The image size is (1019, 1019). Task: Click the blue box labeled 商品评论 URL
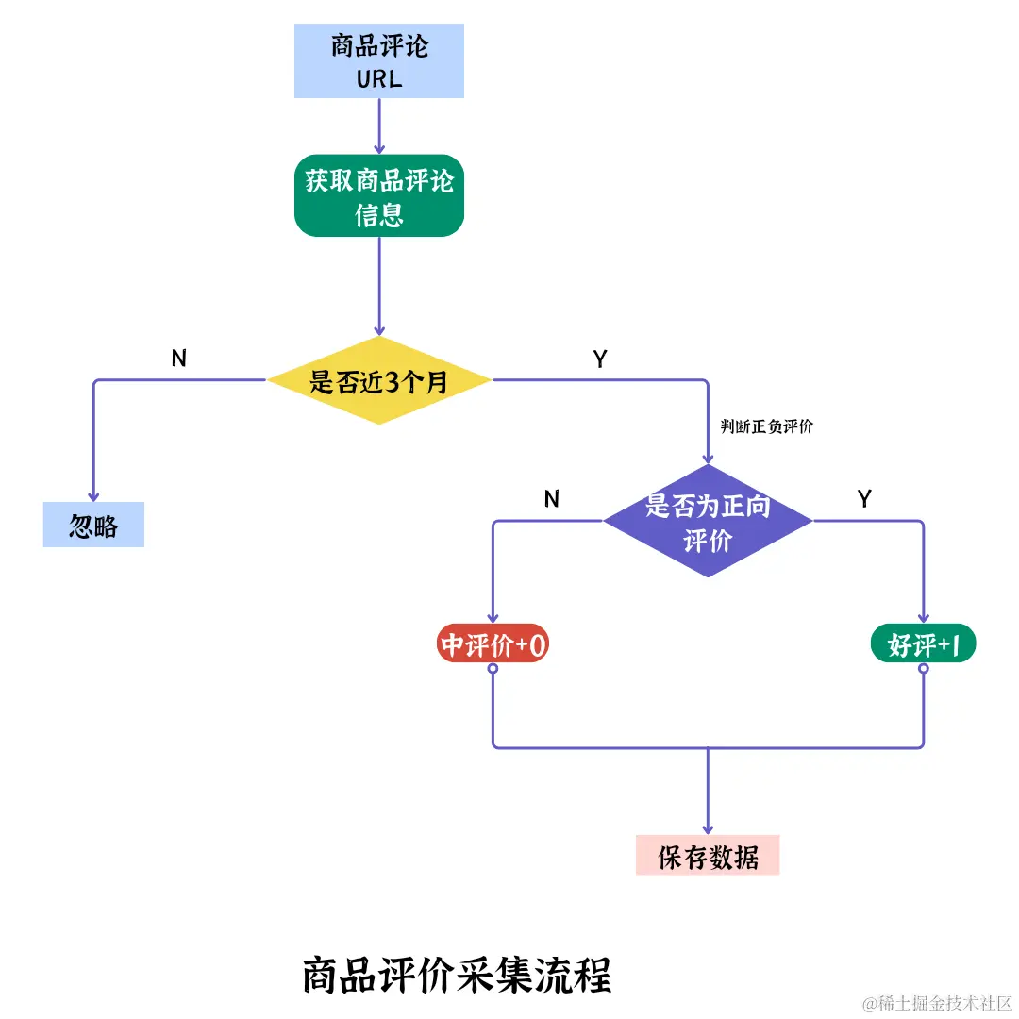pos(379,61)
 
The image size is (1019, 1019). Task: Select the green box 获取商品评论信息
pos(379,195)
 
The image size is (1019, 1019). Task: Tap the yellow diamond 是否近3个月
pos(379,381)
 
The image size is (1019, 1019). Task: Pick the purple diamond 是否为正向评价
pos(708,521)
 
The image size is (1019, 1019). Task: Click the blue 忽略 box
pos(93,525)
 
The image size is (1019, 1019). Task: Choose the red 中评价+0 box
pos(493,644)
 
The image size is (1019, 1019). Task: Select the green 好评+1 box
pos(923,644)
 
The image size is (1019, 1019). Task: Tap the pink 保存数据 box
pos(708,856)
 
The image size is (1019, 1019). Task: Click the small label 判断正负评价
pos(766,426)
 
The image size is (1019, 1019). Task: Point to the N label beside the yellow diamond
pos(179,358)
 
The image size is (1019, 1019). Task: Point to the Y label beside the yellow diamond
pos(600,359)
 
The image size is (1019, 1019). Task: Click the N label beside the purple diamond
pos(552,499)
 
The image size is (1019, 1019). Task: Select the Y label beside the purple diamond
pos(864,499)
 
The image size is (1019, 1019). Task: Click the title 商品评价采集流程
pos(457,975)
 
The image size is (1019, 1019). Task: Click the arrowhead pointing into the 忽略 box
pos(93,495)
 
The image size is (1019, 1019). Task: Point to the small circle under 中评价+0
pos(493,668)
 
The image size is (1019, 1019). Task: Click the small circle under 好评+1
pos(924,668)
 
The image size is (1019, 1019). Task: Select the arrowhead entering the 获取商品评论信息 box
pos(379,148)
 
